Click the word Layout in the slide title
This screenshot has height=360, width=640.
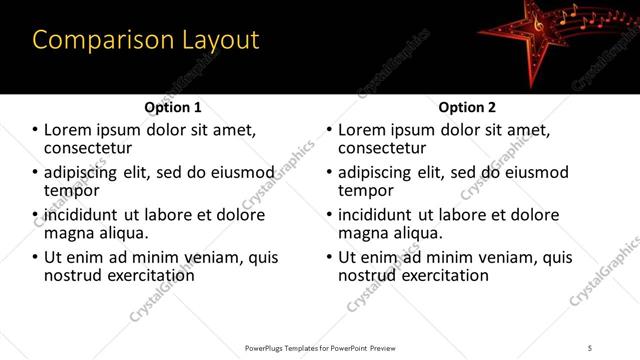point(221,41)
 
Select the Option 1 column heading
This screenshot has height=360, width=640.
point(172,107)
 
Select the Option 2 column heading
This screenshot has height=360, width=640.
point(467,107)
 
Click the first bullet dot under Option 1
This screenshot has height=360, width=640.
point(36,130)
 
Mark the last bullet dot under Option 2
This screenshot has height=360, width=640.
point(330,257)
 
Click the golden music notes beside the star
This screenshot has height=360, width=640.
point(590,20)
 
